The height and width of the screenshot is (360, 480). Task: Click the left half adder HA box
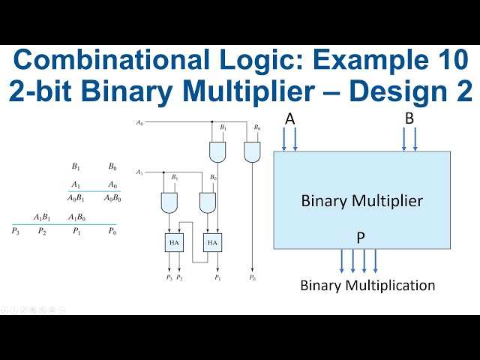click(x=173, y=242)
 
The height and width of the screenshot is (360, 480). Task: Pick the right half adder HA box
click(x=213, y=242)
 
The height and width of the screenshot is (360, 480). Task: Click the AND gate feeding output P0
click(x=252, y=152)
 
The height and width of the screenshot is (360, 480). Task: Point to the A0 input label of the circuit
click(x=139, y=121)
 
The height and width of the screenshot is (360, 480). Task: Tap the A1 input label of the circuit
click(x=139, y=172)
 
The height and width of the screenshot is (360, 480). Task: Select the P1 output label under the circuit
click(x=217, y=278)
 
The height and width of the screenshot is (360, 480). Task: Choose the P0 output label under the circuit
click(x=252, y=278)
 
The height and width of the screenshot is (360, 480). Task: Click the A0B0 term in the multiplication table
click(x=112, y=198)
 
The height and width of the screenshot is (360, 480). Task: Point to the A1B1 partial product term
click(x=42, y=217)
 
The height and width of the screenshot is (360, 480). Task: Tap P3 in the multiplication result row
click(x=16, y=231)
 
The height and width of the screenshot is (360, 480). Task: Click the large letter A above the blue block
click(x=289, y=118)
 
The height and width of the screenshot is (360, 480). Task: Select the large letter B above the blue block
click(x=409, y=118)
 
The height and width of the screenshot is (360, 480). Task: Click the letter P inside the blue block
click(x=361, y=238)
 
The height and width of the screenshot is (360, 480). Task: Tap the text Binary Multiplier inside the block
click(x=361, y=201)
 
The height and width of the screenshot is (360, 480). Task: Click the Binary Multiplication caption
click(x=367, y=286)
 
